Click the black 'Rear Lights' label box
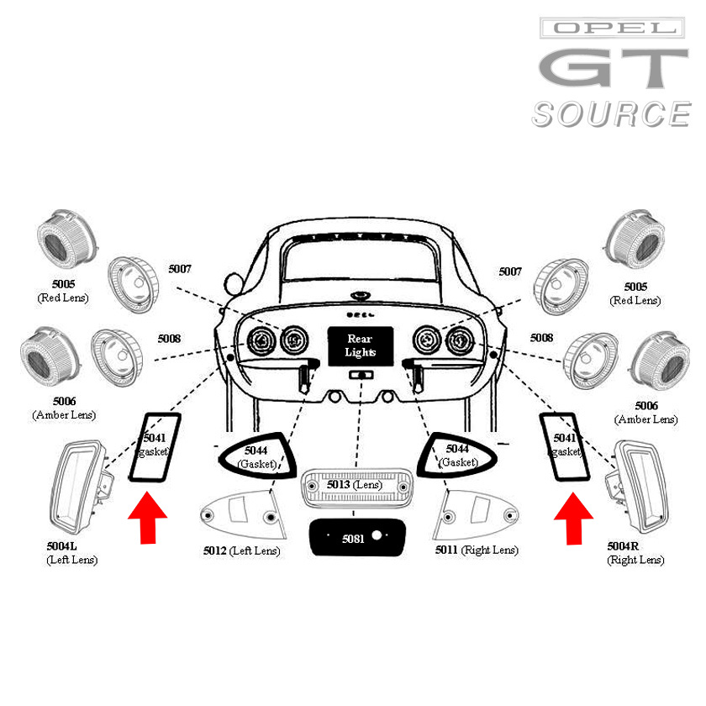click(360, 345)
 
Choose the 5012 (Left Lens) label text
click(241, 551)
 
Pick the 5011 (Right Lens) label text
click(477, 551)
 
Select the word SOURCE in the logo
click(610, 113)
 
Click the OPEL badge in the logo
click(610, 29)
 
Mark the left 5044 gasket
click(255, 457)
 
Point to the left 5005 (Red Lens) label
click(63, 292)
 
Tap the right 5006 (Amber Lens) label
click(645, 413)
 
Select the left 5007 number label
click(180, 269)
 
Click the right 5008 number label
click(541, 338)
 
